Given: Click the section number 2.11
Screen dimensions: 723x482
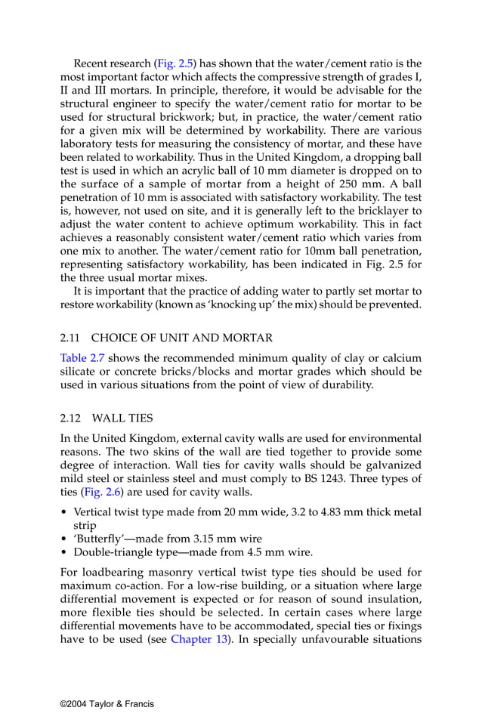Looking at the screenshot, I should coord(70,338).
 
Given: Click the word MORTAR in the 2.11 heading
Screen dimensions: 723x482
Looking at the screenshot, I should coord(250,338).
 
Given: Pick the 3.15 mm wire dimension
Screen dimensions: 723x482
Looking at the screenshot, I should coord(205,537).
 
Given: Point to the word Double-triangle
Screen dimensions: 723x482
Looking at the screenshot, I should coord(111,552).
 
